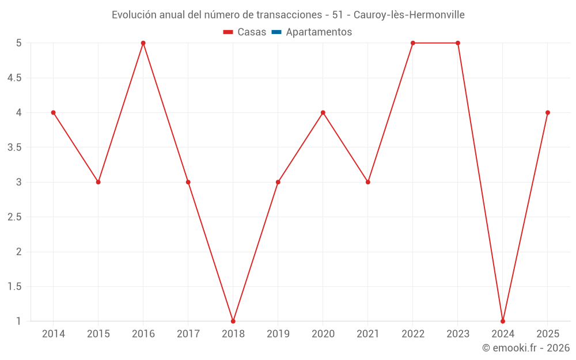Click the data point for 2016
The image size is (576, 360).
tap(143, 43)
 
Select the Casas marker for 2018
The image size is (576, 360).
tap(233, 321)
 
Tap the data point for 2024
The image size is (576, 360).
tap(503, 321)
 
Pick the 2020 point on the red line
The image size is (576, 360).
tap(323, 112)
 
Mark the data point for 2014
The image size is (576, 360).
tap(54, 112)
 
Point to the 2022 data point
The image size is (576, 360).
tap(413, 43)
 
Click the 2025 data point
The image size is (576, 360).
tap(548, 112)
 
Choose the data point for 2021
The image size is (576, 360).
tap(368, 182)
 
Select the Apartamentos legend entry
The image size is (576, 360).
tap(319, 32)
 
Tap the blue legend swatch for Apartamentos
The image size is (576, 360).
tap(276, 32)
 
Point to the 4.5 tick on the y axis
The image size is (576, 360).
tap(14, 78)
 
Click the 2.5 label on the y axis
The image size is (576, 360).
tap(14, 217)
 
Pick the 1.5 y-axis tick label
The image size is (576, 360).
tap(14, 286)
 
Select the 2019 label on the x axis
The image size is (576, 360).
tap(278, 334)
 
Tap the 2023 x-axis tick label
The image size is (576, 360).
tap(458, 334)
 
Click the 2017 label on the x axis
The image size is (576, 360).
tap(188, 334)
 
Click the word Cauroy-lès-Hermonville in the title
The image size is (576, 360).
tap(409, 14)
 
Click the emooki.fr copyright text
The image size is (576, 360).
tap(526, 348)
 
